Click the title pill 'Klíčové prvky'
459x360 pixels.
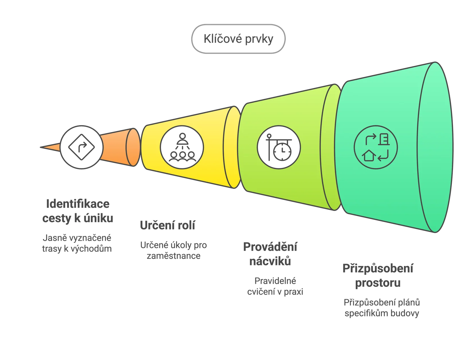(238, 39)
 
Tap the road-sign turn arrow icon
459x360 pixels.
(81, 147)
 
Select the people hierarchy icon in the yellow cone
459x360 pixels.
(182, 147)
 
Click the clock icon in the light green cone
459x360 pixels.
(279, 147)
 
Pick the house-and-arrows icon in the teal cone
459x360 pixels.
(376, 147)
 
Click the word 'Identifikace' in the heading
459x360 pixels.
(78, 204)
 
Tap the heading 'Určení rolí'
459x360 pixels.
(168, 225)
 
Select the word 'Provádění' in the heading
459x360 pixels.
(270, 247)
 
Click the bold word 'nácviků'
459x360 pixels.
(270, 261)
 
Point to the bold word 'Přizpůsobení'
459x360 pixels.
(378, 269)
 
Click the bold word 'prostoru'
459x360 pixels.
(378, 283)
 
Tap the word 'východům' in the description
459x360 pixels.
(91, 249)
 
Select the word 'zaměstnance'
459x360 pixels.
(174, 256)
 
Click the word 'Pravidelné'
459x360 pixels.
(275, 281)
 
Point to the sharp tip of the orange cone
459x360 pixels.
(40, 147)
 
